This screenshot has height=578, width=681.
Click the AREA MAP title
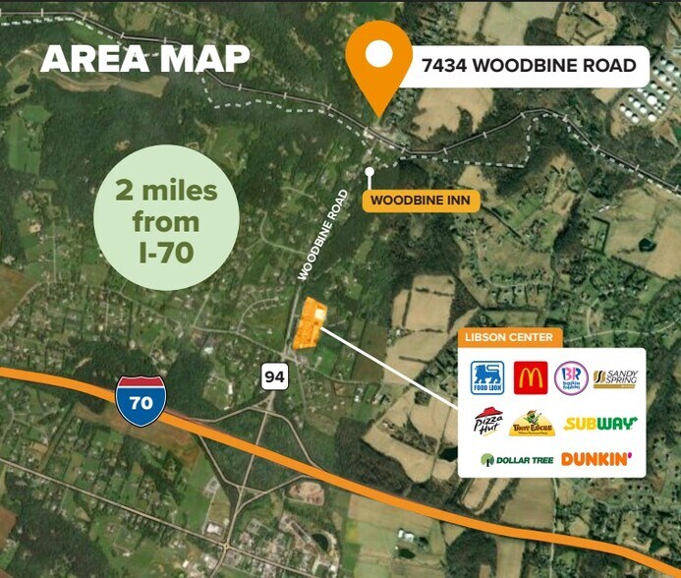click(143, 58)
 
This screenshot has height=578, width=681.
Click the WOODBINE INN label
click(421, 201)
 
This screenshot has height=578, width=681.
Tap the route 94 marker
click(273, 375)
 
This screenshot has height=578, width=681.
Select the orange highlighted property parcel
click(311, 323)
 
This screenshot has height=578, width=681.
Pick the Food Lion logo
click(487, 376)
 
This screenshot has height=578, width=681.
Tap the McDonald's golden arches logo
click(530, 377)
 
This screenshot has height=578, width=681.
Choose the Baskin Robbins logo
click(572, 377)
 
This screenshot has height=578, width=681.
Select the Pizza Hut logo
click(488, 423)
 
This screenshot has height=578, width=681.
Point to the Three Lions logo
click(532, 424)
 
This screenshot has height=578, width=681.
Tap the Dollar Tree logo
click(515, 459)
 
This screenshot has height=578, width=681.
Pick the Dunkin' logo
click(596, 459)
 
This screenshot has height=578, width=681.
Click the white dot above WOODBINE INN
click(369, 171)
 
